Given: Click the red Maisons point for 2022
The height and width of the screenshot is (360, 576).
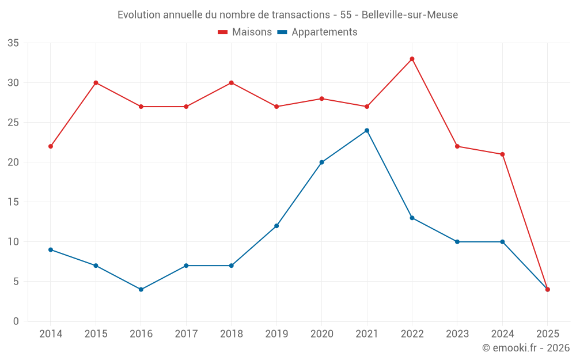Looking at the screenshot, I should [412, 59].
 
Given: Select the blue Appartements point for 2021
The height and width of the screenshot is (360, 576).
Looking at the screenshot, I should [367, 130].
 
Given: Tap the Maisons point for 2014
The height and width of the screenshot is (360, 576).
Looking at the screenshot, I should [51, 146].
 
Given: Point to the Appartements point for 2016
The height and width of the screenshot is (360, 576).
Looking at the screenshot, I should [141, 289].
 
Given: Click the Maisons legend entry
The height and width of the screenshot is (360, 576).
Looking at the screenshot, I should [245, 32].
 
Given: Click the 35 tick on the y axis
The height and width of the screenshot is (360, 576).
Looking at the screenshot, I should [13, 43].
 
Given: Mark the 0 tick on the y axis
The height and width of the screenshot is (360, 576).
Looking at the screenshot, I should [16, 321].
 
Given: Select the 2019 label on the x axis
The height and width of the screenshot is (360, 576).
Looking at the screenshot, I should [276, 334].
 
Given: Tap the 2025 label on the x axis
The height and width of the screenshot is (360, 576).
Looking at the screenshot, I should [548, 334].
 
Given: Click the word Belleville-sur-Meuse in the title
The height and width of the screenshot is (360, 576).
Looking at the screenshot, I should [410, 15].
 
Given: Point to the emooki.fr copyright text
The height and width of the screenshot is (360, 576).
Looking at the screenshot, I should [526, 348].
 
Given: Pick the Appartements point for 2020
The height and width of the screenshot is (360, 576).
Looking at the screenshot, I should [321, 162].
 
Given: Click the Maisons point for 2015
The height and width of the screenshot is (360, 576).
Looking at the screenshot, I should [96, 82].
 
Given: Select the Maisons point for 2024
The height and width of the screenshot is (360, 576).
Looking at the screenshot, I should [502, 154].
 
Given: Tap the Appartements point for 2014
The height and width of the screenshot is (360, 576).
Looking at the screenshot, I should [51, 249].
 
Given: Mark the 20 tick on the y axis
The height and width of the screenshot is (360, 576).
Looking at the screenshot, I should [13, 162].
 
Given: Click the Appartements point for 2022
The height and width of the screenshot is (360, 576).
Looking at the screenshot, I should [412, 218].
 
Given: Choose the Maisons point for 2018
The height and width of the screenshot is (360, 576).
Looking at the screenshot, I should [232, 82].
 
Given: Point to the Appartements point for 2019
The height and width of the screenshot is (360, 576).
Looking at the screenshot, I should [276, 226].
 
